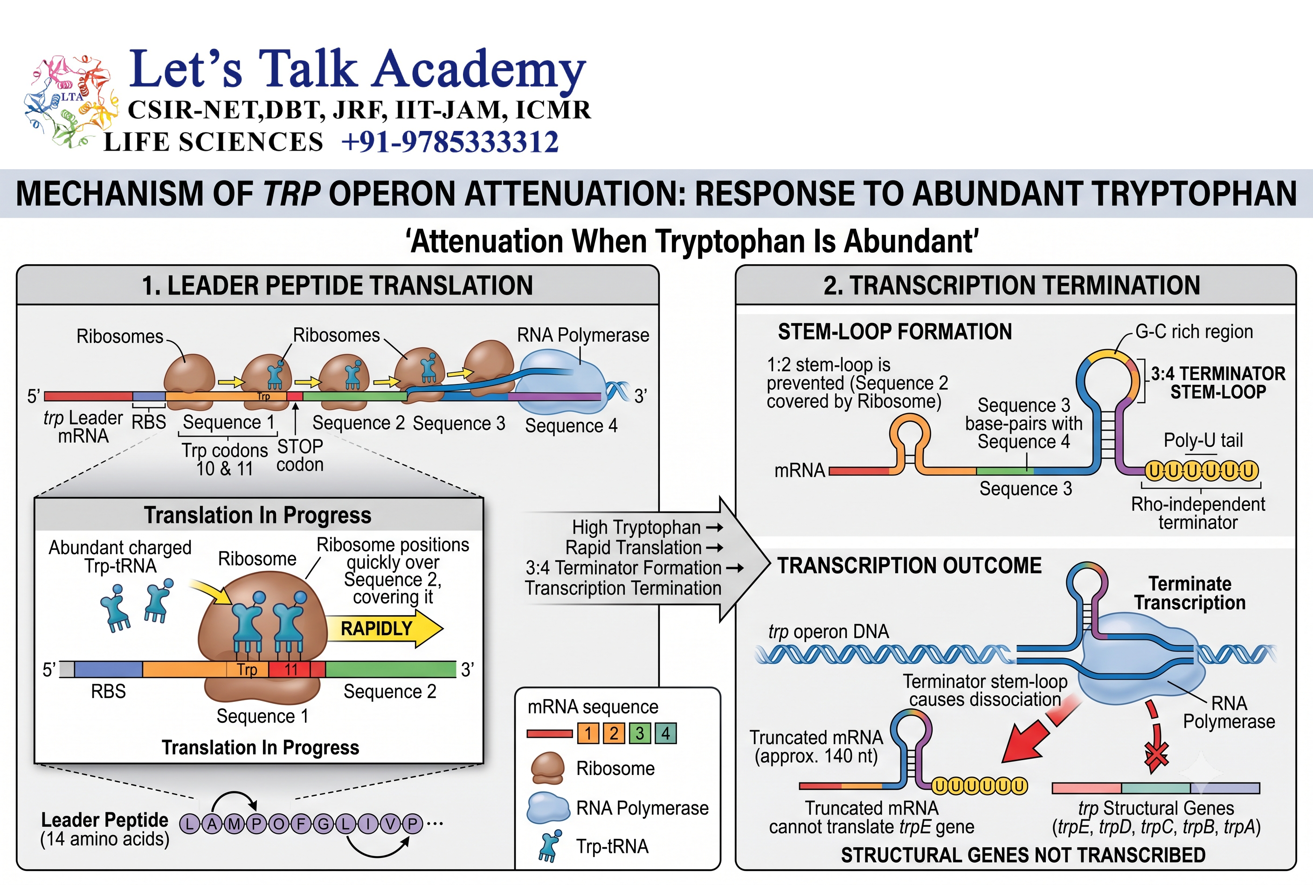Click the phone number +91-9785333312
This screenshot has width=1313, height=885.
450,142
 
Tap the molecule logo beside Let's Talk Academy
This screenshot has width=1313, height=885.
70,102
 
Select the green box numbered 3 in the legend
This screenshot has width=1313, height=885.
640,733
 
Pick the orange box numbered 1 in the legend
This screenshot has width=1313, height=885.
588,733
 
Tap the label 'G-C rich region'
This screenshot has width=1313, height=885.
1194,331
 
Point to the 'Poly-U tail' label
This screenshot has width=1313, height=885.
1203,440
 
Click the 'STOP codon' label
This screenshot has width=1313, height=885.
300,455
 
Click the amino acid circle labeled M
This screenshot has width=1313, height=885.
234,824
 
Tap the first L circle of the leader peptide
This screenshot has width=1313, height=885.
190,824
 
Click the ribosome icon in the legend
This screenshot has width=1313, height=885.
547,768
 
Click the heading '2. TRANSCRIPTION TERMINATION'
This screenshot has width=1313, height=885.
1011,285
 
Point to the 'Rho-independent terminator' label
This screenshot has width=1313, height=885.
1198,513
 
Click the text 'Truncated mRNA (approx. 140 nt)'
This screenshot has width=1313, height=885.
816,747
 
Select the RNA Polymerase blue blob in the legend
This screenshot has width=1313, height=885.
548,808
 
